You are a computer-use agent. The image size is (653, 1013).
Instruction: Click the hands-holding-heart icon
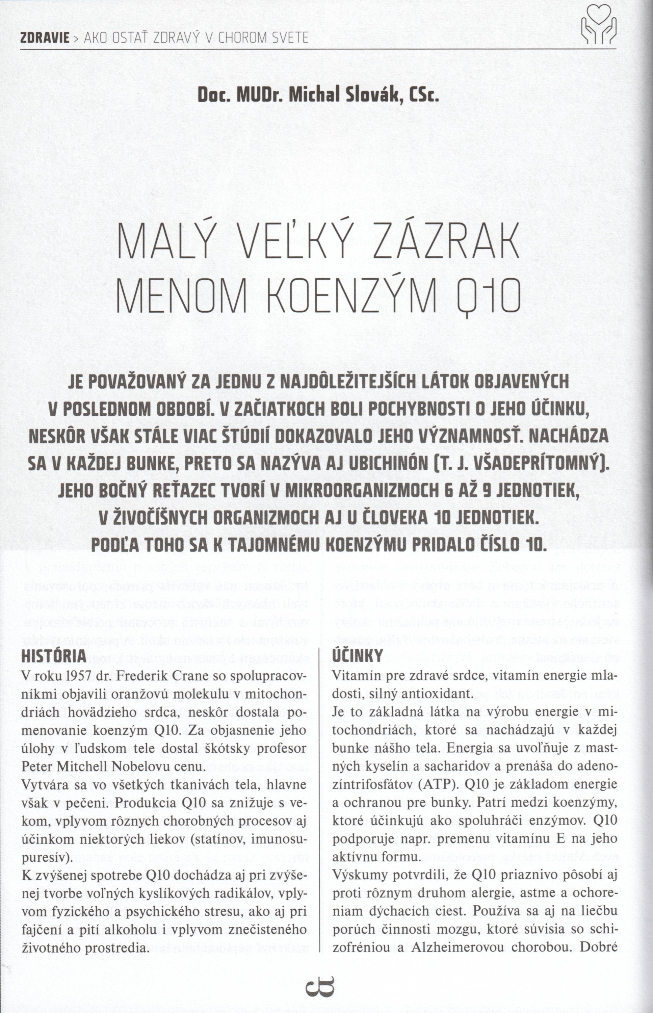coord(598,25)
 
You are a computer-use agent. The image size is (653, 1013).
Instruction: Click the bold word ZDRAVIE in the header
coord(45,38)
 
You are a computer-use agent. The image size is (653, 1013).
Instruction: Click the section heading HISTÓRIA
coord(53,656)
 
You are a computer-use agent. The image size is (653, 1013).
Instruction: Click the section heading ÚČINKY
coord(358,656)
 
